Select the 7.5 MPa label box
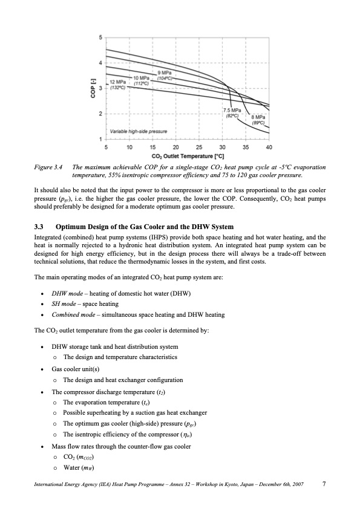coord(232,112)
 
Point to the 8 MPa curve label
coord(258,119)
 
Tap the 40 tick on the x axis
coord(269,147)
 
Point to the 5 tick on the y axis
coord(100,38)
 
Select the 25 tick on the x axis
coord(199,147)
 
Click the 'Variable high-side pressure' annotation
coord(139,131)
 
